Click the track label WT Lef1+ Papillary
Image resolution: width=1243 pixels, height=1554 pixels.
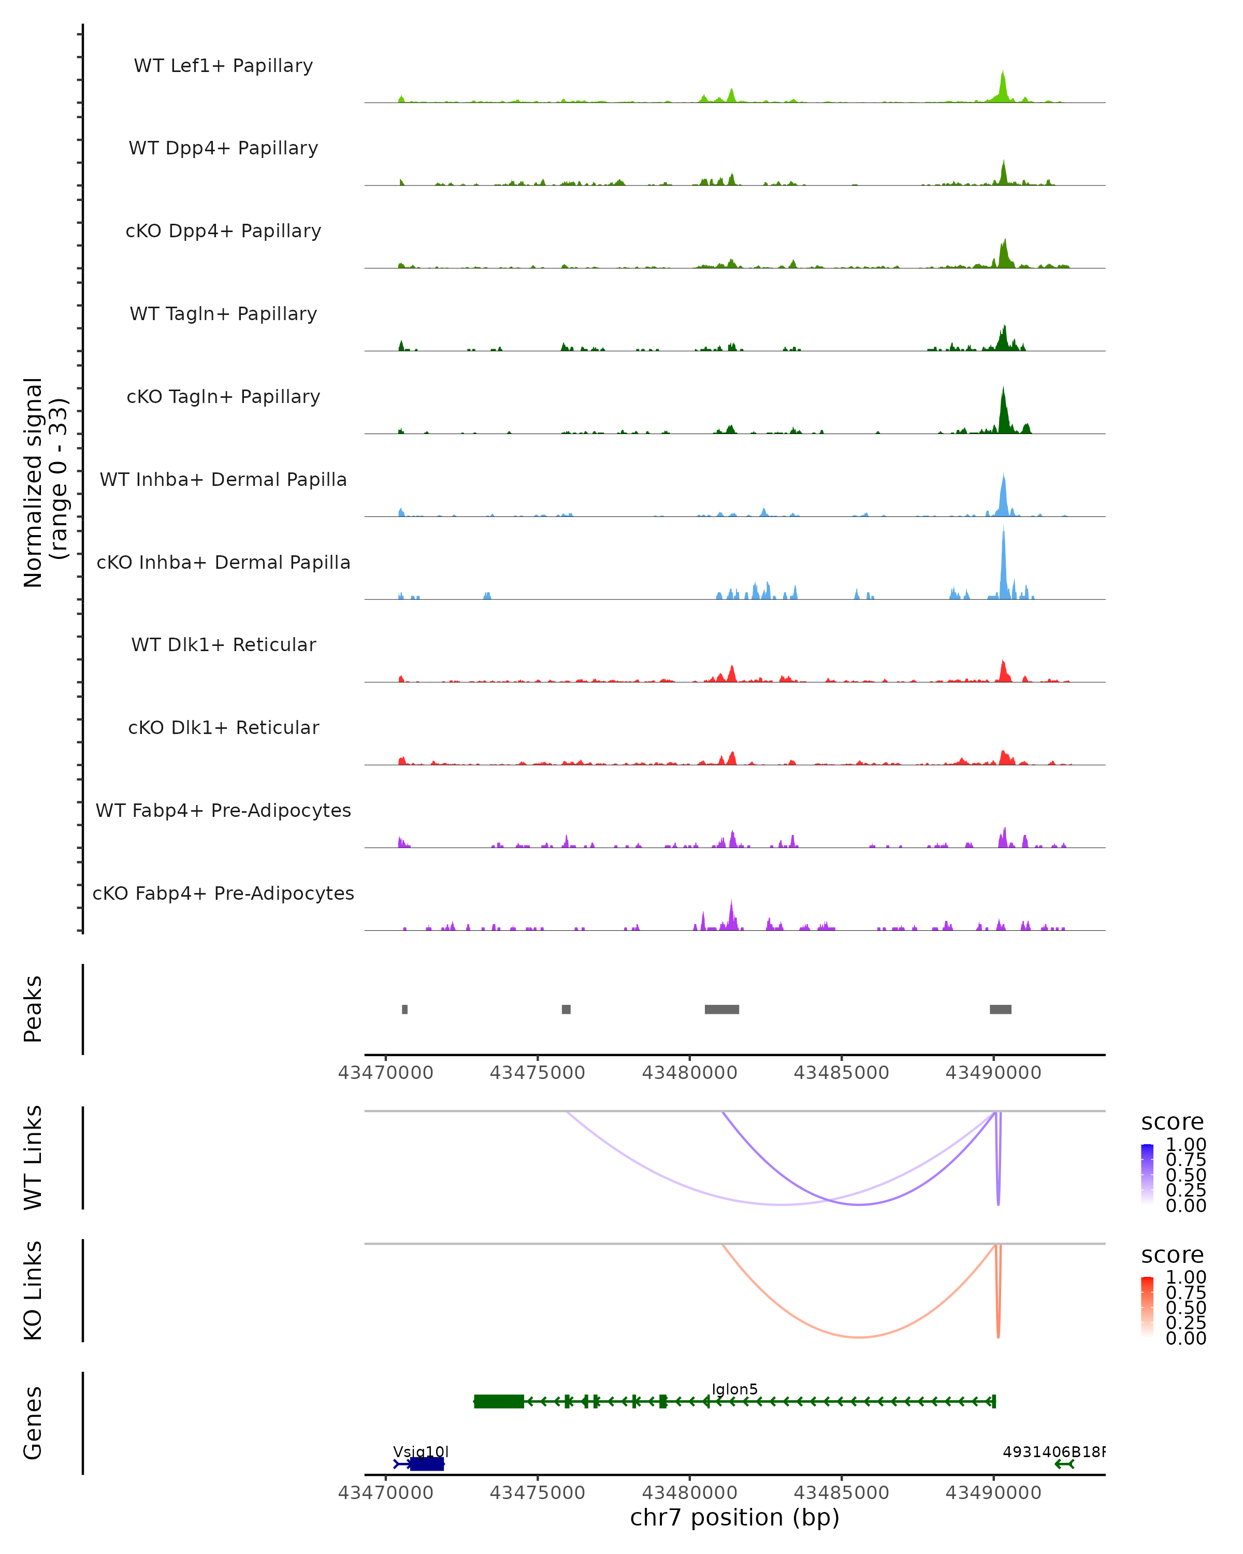[223, 66]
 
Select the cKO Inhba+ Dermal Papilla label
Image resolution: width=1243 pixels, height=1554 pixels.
[223, 562]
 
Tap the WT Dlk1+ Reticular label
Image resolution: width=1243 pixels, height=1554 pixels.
[223, 644]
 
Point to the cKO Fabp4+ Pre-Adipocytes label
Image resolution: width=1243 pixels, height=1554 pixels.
[223, 893]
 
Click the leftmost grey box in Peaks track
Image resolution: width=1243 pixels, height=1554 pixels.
[405, 1009]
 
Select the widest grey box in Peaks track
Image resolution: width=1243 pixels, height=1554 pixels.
[721, 1009]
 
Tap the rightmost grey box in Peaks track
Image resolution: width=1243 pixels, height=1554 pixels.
[1000, 1009]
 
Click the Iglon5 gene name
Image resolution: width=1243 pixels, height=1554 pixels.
[734, 1390]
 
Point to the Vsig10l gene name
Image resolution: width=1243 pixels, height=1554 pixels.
[420, 1451]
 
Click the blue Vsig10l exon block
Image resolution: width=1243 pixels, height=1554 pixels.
[427, 1464]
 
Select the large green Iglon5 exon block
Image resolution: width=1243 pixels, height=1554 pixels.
[499, 1401]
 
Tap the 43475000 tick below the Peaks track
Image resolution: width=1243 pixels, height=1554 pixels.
[537, 1073]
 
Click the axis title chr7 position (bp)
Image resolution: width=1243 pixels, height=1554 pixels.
[734, 1518]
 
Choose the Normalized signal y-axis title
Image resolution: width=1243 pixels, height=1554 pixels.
[45, 482]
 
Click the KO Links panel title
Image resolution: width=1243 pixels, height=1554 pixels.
[33, 1291]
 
